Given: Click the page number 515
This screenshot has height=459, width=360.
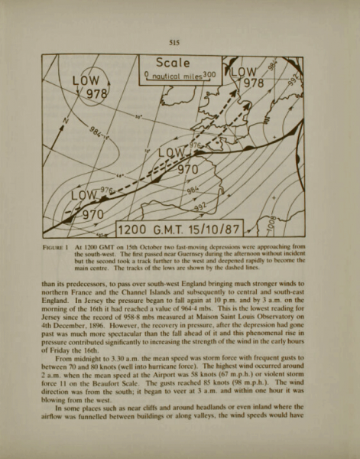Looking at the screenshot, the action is [x=181, y=43].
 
